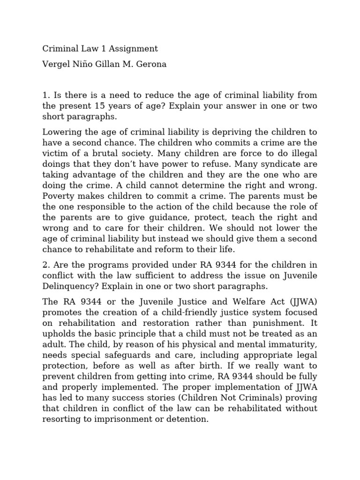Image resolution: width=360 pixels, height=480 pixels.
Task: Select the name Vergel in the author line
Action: tap(56, 64)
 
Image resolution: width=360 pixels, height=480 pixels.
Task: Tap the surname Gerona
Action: tap(151, 64)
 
